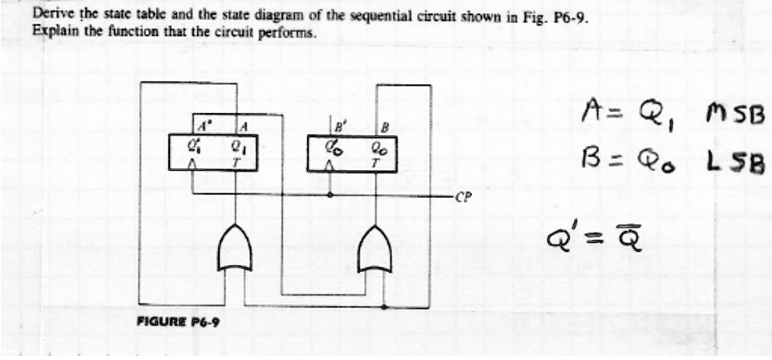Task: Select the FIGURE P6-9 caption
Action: pyautogui.click(x=179, y=322)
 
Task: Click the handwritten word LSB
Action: pyautogui.click(x=737, y=163)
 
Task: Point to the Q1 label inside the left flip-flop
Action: pyautogui.click(x=236, y=146)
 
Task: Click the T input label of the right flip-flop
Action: pyautogui.click(x=376, y=164)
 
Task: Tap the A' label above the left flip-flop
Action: pyautogui.click(x=202, y=127)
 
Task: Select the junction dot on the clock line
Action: pyautogui.click(x=329, y=195)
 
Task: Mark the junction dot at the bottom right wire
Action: pyautogui.click(x=383, y=307)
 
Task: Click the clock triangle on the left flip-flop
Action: pyautogui.click(x=192, y=166)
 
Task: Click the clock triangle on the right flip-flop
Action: pyautogui.click(x=330, y=167)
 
